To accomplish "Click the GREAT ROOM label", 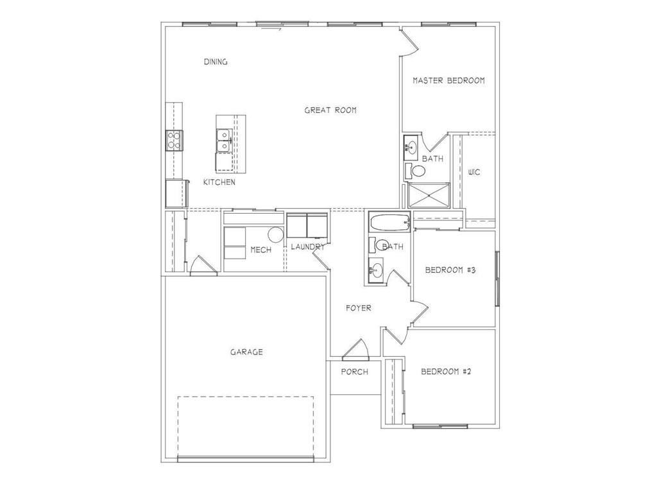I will click(330, 110).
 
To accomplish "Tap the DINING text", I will click(216, 62).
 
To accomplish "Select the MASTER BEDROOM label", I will click(448, 81).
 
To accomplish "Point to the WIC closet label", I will click(474, 172).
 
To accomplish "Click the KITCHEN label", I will click(219, 182).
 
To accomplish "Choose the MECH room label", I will click(260, 250).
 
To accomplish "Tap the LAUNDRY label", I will click(307, 247).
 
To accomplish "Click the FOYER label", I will click(358, 308).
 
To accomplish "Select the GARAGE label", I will click(246, 352).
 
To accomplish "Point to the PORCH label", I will click(354, 372).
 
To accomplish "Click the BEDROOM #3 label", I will click(450, 270).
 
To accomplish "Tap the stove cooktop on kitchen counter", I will click(174, 139).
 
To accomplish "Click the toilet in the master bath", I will click(417, 171).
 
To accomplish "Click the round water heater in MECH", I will click(275, 234).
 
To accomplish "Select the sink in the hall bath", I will click(377, 270).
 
